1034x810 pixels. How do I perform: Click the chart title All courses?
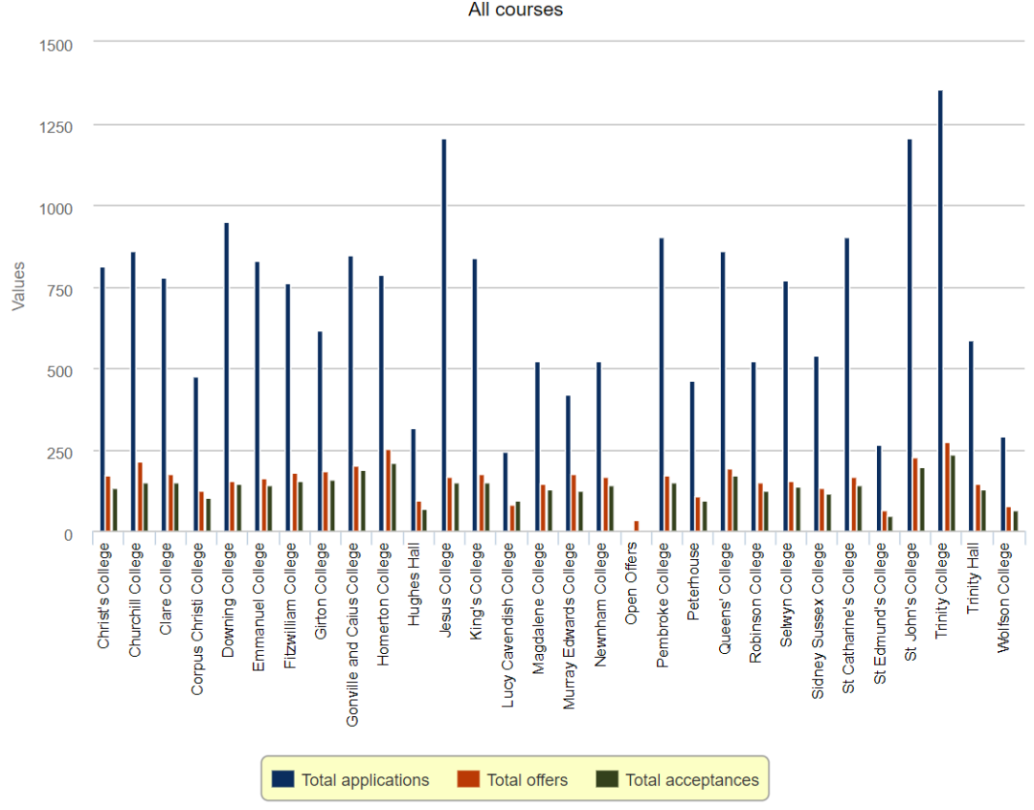(x=515, y=10)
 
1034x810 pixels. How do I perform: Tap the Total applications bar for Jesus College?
(x=444, y=335)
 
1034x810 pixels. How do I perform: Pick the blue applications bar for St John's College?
(x=910, y=335)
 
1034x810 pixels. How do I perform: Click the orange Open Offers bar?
(x=637, y=526)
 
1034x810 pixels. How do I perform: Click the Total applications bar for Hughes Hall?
(x=413, y=480)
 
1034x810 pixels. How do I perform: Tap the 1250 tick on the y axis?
(x=53, y=126)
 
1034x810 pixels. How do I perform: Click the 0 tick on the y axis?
(x=67, y=534)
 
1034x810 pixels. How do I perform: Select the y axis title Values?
(x=18, y=286)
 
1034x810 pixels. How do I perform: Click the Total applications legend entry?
(x=365, y=780)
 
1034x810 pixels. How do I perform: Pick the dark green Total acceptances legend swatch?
(x=607, y=779)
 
